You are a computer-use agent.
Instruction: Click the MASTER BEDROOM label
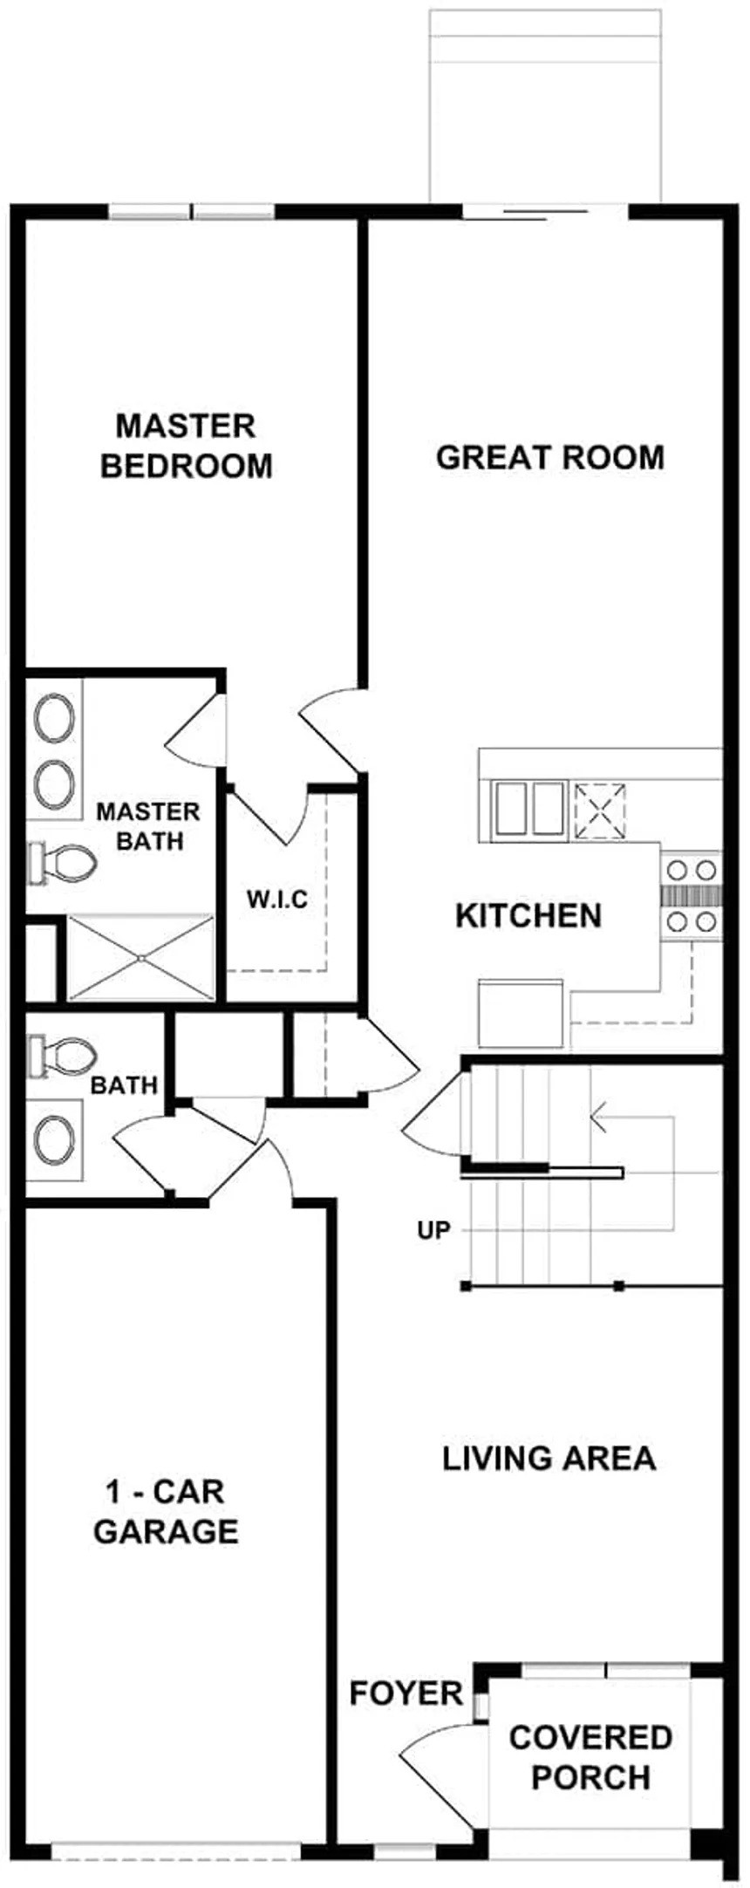click(x=186, y=446)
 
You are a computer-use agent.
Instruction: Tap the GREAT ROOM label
click(x=549, y=458)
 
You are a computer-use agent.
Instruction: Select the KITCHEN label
click(x=528, y=916)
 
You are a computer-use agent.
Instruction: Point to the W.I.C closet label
click(x=276, y=900)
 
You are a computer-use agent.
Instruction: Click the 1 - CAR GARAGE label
click(x=166, y=1511)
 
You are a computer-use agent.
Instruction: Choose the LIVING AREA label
click(x=549, y=1458)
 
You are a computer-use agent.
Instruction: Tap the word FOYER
click(x=406, y=1693)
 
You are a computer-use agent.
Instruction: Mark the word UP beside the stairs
click(x=433, y=1231)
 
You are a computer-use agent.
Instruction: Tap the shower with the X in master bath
click(x=140, y=958)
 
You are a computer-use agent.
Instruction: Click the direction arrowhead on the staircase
click(x=598, y=1116)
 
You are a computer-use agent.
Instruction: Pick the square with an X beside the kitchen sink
click(x=600, y=811)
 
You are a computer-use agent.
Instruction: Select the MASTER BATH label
click(x=147, y=826)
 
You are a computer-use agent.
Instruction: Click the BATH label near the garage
click(x=125, y=1085)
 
